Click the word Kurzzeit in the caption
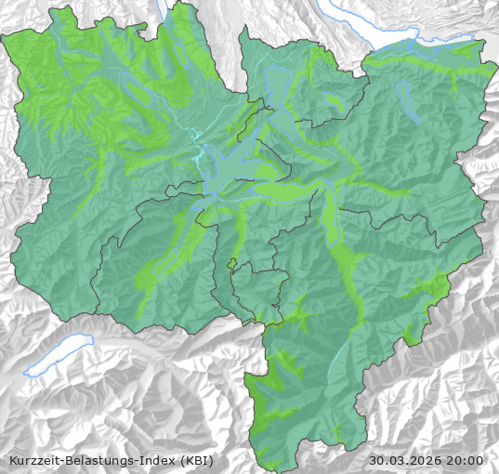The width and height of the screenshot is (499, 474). pos(32,460)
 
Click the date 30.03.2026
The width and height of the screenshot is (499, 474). pos(405,460)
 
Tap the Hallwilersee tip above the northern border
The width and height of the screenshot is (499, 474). pos(169,11)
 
